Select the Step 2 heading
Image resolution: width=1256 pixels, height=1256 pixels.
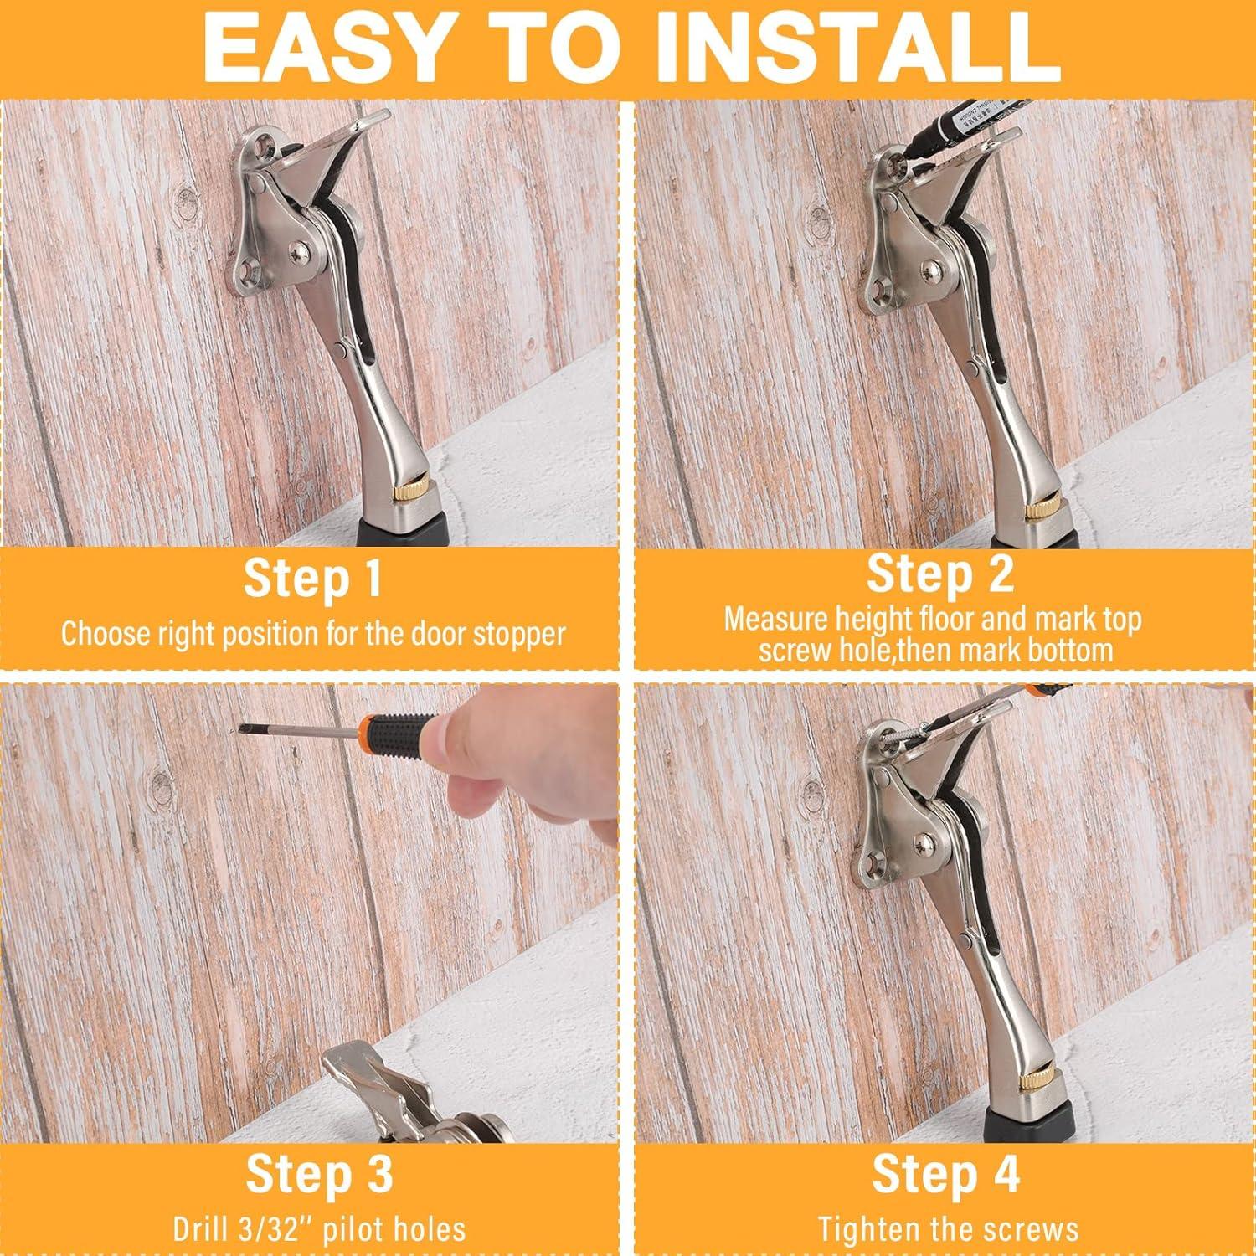[x=939, y=574]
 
